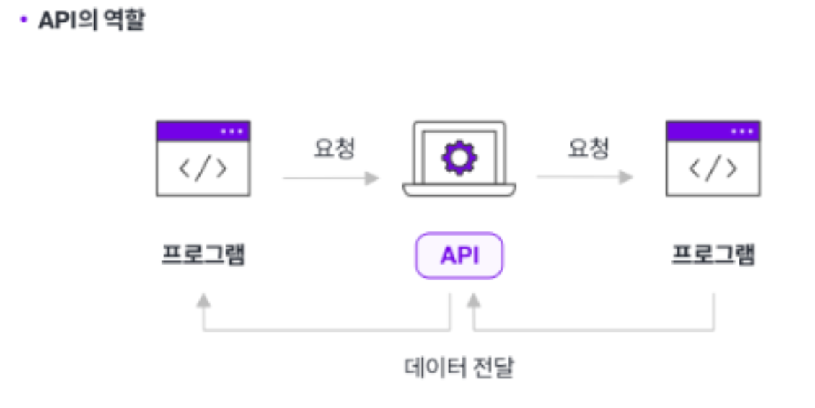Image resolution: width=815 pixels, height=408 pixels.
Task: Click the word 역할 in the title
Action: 125,20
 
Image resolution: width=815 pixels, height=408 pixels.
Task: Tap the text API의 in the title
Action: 71,20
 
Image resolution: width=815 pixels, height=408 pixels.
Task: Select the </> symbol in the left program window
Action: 203,168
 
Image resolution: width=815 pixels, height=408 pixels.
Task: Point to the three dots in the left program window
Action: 232,131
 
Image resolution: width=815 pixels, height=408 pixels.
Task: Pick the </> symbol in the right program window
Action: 713,168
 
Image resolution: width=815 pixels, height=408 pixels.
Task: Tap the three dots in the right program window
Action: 741,131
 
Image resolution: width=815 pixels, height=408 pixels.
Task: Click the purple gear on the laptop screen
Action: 459,158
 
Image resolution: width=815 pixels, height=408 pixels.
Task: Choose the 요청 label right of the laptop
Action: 589,148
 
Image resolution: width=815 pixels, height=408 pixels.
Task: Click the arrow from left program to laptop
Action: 331,177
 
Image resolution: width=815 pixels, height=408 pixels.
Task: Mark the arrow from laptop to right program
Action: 585,177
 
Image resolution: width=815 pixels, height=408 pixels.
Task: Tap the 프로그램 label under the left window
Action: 203,255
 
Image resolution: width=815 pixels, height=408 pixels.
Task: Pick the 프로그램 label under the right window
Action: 713,255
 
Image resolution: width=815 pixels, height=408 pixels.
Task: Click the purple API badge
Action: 459,255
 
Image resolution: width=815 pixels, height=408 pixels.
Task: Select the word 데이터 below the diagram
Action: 432,368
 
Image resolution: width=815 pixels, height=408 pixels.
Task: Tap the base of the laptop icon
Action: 459,190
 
